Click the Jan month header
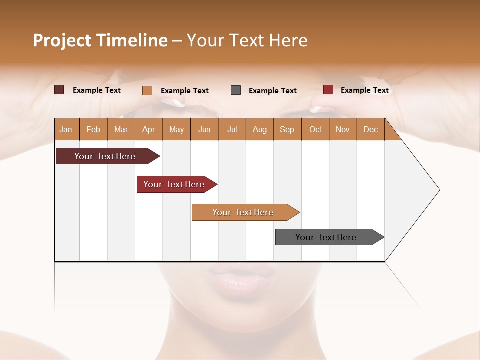pyautogui.click(x=66, y=129)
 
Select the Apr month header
pyautogui.click(x=148, y=129)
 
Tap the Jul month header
pyautogui.click(x=232, y=129)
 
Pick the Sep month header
pyautogui.click(x=287, y=129)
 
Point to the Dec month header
pyautogui.click(x=370, y=129)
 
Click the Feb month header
pyautogui.click(x=93, y=129)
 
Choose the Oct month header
pyautogui.click(x=315, y=129)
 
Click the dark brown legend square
pyautogui.click(x=59, y=90)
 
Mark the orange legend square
pyautogui.click(x=147, y=90)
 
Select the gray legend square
pyautogui.click(x=236, y=90)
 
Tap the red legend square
pyautogui.click(x=328, y=90)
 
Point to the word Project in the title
pyautogui.click(x=62, y=40)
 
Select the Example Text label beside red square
pyautogui.click(x=364, y=90)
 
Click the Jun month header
pyautogui.click(x=204, y=129)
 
